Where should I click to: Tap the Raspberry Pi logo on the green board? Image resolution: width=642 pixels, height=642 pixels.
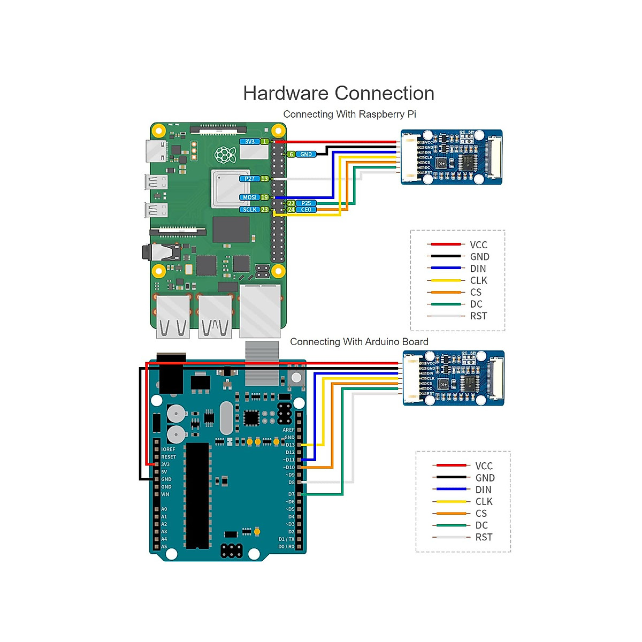click(x=225, y=155)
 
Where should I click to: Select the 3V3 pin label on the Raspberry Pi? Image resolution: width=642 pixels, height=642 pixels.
click(x=250, y=142)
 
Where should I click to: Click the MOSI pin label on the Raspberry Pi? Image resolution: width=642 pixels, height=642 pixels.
click(x=250, y=197)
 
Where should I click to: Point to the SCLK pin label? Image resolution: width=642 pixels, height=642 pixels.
click(x=250, y=210)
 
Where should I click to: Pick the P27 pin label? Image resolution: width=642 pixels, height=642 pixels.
click(x=250, y=179)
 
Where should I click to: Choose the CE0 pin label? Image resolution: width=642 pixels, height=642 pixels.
click(x=306, y=210)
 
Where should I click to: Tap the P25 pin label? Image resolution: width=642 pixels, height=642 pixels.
click(x=306, y=203)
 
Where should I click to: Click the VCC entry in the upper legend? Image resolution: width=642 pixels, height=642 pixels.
click(x=478, y=245)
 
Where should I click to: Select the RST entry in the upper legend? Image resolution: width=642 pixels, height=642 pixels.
click(x=478, y=316)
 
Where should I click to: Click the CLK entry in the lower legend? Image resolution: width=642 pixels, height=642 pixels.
click(x=484, y=502)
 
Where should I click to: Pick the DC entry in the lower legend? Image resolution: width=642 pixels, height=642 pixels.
click(x=481, y=525)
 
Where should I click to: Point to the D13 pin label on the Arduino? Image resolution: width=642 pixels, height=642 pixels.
click(x=290, y=445)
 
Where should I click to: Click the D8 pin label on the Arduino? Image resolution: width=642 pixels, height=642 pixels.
click(x=292, y=483)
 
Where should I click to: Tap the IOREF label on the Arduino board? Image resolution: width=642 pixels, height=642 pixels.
click(x=168, y=449)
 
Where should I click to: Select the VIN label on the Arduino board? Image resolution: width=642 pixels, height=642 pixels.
click(x=165, y=494)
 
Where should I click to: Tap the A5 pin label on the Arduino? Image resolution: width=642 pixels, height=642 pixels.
click(x=164, y=547)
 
